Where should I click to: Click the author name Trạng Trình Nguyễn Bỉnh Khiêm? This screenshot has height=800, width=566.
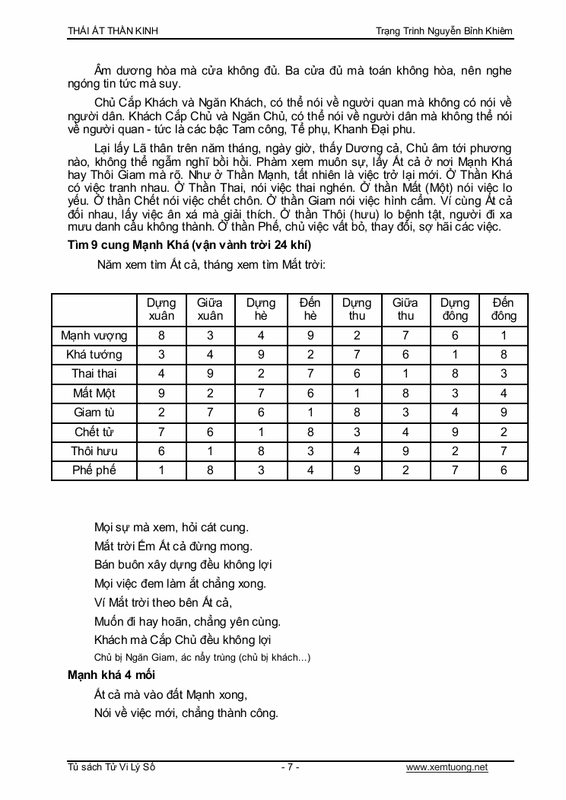[x=444, y=31]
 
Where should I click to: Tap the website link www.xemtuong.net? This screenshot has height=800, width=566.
[x=447, y=767]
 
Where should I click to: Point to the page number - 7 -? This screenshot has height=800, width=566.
[x=290, y=767]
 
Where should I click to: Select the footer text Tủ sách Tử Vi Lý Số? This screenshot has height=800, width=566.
[x=111, y=767]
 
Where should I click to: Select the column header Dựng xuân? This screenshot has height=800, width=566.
[x=161, y=309]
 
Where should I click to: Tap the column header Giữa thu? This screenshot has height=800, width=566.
[x=405, y=309]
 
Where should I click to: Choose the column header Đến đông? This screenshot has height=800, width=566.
[x=504, y=309]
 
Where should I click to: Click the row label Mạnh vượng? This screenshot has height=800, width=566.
[x=94, y=336]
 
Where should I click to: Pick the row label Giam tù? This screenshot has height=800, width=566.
[x=94, y=413]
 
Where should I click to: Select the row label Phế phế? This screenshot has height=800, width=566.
[x=94, y=470]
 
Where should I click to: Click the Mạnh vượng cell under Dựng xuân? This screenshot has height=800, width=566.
[x=161, y=336]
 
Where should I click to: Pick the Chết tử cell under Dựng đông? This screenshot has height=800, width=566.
[x=455, y=432]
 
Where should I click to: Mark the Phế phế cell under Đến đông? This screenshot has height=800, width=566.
[x=504, y=470]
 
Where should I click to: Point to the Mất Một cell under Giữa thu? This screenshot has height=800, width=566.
[x=405, y=394]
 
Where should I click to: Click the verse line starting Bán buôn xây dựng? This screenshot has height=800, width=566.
[x=183, y=565]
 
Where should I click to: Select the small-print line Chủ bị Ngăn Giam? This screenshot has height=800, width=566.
[x=202, y=658]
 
